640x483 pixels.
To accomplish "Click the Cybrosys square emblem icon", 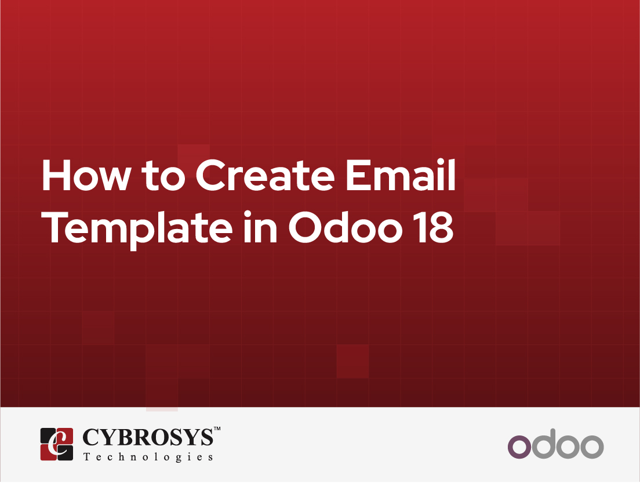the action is (57, 444).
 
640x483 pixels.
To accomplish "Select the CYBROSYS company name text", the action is (148, 437).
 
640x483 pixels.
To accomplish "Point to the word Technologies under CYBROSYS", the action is (148, 457).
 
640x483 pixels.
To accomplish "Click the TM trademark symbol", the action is (217, 428).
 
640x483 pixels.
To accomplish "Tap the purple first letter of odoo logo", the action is (519, 446).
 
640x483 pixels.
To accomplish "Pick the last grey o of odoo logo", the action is (592, 446).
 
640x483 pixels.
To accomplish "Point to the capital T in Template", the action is (55, 227).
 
